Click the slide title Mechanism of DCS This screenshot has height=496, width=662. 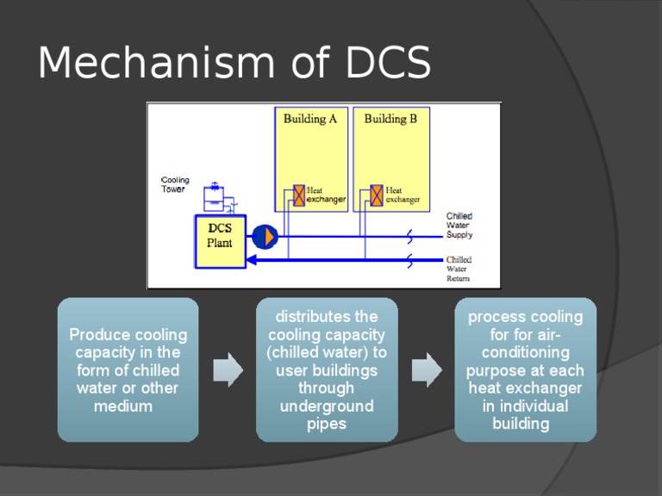(x=234, y=63)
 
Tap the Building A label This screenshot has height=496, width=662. (x=309, y=119)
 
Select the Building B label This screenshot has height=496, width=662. (x=390, y=119)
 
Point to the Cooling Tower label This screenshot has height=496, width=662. (x=175, y=185)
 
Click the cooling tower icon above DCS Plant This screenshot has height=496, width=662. (x=215, y=198)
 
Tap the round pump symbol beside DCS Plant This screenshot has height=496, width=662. (x=265, y=235)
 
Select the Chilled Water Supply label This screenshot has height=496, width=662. (x=459, y=226)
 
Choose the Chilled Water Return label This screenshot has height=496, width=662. (x=459, y=269)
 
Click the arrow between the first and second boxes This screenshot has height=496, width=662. (x=228, y=369)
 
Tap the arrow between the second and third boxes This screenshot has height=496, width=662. (x=426, y=369)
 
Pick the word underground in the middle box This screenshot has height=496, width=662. (x=327, y=406)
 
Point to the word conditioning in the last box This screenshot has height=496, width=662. (x=525, y=352)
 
